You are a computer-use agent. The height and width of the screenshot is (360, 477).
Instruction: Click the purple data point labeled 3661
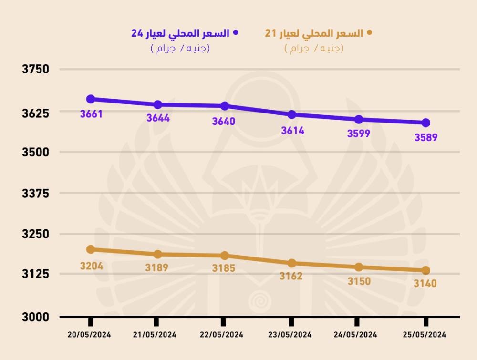point(91,99)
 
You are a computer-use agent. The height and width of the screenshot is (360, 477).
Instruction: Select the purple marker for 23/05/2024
point(292,114)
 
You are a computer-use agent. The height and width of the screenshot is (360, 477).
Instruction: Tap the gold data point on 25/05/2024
point(425,270)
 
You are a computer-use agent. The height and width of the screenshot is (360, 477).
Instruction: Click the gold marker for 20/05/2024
point(91,249)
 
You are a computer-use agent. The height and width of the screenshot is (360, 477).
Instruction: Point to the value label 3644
point(158,118)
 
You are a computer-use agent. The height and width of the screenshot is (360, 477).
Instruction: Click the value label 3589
point(426,137)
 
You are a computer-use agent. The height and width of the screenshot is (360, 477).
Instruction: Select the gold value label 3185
point(224,268)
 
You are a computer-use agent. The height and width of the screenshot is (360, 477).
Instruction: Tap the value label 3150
point(359,281)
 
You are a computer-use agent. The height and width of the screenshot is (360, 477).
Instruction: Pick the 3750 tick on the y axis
point(36,70)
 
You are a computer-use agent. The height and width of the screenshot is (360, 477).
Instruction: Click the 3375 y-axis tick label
point(36,194)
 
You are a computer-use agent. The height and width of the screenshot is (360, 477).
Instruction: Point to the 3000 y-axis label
point(36,317)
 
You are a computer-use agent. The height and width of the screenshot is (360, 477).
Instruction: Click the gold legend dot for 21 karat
point(368,33)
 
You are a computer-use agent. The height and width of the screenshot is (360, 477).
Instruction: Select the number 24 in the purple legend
point(137,33)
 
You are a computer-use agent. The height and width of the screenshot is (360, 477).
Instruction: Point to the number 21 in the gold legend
point(270,33)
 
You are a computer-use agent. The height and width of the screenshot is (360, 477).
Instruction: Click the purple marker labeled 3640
point(225,106)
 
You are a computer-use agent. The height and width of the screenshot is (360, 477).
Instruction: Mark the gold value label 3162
point(291,276)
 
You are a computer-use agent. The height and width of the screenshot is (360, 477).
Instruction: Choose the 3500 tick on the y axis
point(36,152)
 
